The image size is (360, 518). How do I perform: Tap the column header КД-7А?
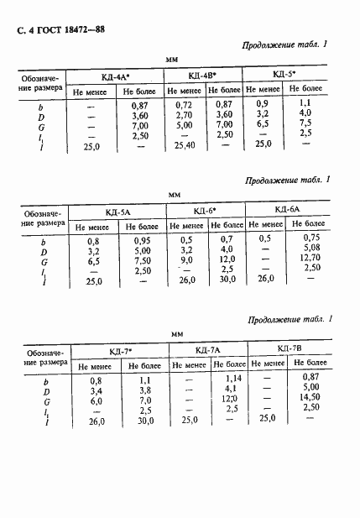(x=207, y=350)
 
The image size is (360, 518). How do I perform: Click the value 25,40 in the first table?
(x=184, y=144)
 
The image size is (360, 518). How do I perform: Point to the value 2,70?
(x=184, y=113)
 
